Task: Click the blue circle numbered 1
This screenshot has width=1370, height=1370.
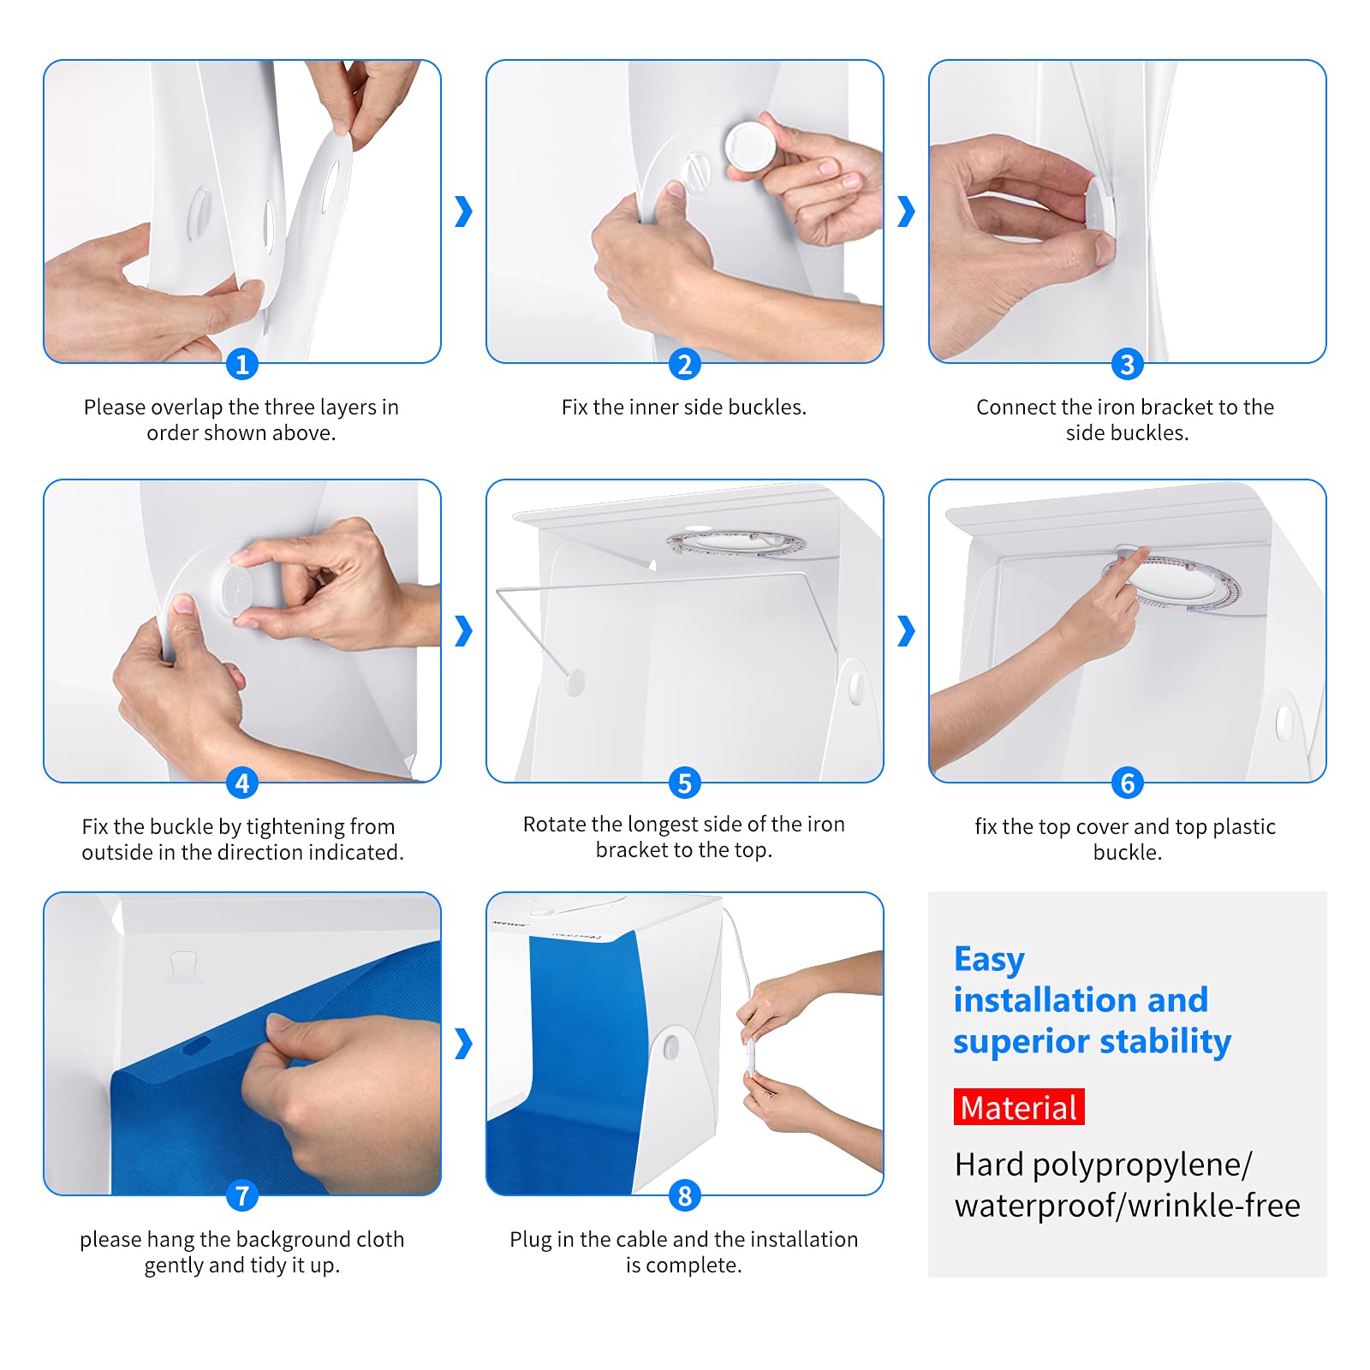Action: [242, 364]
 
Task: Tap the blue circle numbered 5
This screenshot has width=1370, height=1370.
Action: [684, 783]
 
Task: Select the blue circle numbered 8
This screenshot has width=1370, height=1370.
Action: [684, 1195]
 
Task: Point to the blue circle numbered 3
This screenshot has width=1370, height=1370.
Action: [1128, 364]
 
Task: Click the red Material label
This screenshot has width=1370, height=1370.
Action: [1019, 1107]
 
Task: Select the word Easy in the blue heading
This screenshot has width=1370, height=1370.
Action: [989, 960]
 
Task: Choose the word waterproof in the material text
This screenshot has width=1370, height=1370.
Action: [1036, 1206]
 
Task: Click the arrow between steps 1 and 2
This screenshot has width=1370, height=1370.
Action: [463, 211]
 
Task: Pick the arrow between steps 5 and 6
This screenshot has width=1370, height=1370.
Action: [906, 631]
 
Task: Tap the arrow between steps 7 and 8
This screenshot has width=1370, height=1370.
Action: [463, 1043]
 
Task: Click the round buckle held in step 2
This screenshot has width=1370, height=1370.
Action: [750, 146]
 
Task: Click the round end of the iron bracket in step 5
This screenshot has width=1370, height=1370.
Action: [575, 682]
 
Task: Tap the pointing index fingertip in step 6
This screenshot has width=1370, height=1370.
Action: [1143, 553]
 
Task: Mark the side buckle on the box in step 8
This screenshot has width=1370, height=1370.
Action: [671, 1046]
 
